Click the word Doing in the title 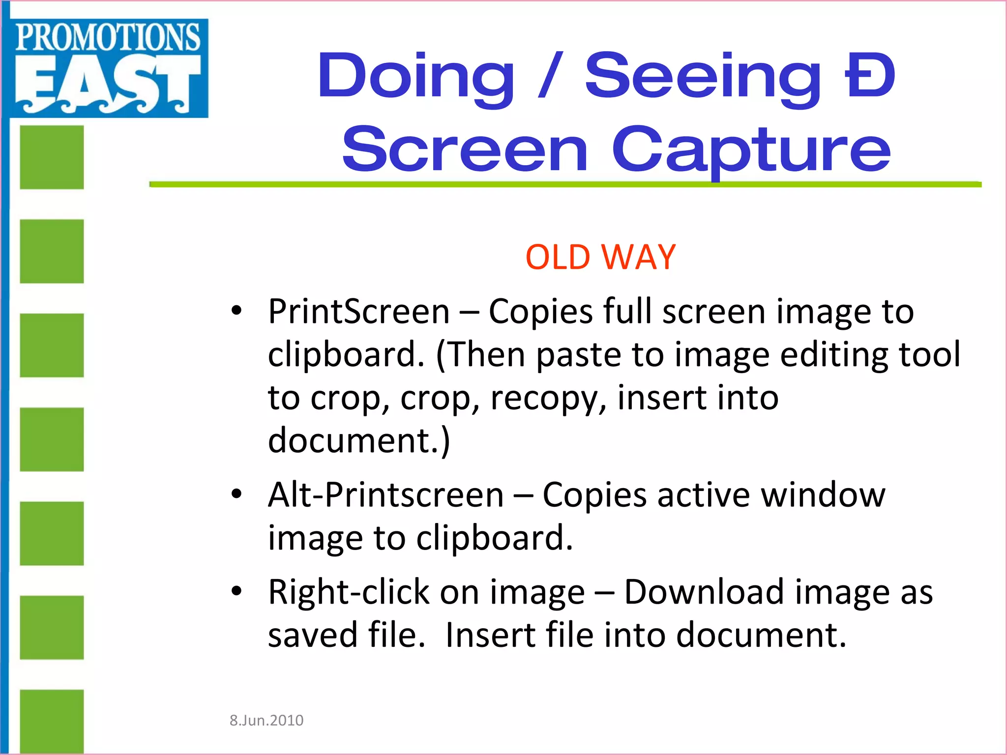coord(415,76)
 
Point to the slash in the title coord(550,76)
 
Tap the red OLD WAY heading coord(600,257)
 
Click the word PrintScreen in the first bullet coord(359,312)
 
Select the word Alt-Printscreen coord(386,494)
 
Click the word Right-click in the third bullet coord(349,592)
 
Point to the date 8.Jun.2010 coord(267,720)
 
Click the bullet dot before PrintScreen coord(237,311)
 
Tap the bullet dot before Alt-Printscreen coord(237,494)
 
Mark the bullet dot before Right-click coord(237,591)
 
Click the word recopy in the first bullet coord(549,398)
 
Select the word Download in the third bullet coord(705,592)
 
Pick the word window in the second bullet coord(823,494)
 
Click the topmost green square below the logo coord(52,157)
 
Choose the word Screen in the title coord(465,150)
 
